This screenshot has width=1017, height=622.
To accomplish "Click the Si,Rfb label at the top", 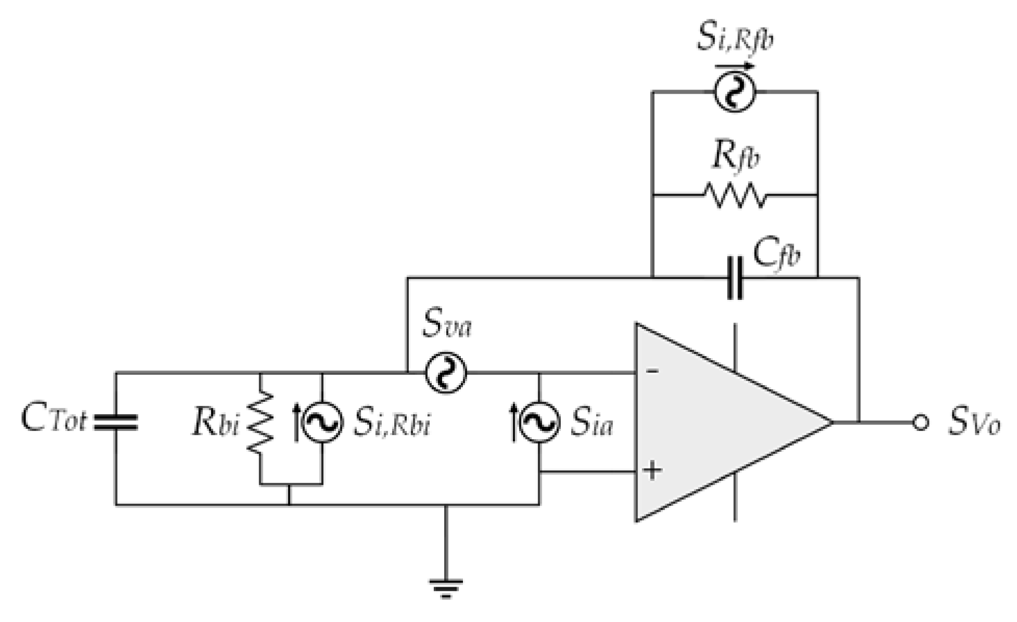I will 735,38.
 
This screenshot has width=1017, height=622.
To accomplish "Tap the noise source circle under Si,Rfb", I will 734,92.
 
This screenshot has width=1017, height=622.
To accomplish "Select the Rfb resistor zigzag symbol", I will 735,195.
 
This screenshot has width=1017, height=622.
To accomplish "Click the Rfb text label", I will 735,156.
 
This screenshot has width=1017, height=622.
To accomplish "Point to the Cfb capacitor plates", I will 734,278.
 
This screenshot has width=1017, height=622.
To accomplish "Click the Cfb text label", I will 776,255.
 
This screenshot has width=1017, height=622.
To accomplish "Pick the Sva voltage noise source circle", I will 446,373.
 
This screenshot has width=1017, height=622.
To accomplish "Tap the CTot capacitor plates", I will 116,422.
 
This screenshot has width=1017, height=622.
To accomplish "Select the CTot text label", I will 53,418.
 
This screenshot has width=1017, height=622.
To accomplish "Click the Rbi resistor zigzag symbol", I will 260,423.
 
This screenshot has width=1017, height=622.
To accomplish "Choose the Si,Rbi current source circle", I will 322,422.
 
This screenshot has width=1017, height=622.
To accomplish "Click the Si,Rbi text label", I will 392,422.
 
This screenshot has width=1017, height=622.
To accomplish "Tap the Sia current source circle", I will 539,422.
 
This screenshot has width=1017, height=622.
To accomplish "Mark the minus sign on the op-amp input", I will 652,371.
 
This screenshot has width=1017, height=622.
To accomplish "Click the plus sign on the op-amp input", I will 652,471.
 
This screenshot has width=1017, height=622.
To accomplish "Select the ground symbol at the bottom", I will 446,587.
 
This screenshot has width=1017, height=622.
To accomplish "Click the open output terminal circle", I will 920,422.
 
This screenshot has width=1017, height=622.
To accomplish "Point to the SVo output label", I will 973,422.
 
